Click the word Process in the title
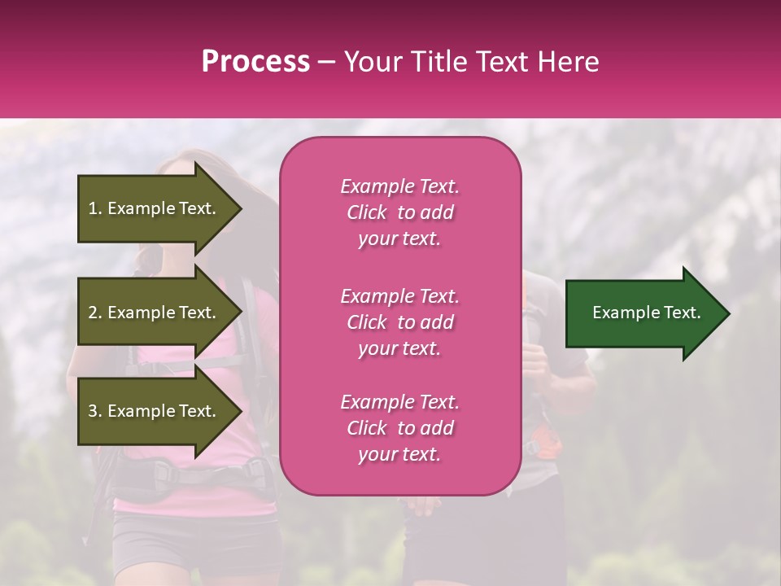pyautogui.click(x=255, y=62)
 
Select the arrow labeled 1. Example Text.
pyautogui.click(x=155, y=208)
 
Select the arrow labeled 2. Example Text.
pyautogui.click(x=155, y=313)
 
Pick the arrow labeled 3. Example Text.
pyautogui.click(x=155, y=411)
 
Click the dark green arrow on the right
pyautogui.click(x=643, y=313)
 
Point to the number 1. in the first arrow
pyautogui.click(x=94, y=208)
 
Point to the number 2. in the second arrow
pyautogui.click(x=94, y=313)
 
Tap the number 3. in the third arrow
pyautogui.click(x=94, y=411)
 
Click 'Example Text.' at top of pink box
pyautogui.click(x=399, y=186)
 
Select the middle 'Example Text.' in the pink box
pyautogui.click(x=399, y=296)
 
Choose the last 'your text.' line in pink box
pyautogui.click(x=399, y=455)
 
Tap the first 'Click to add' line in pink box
pyautogui.click(x=399, y=212)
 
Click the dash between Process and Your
pyautogui.click(x=327, y=62)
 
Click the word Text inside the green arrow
pyautogui.click(x=681, y=313)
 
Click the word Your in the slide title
pyautogui.click(x=372, y=62)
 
